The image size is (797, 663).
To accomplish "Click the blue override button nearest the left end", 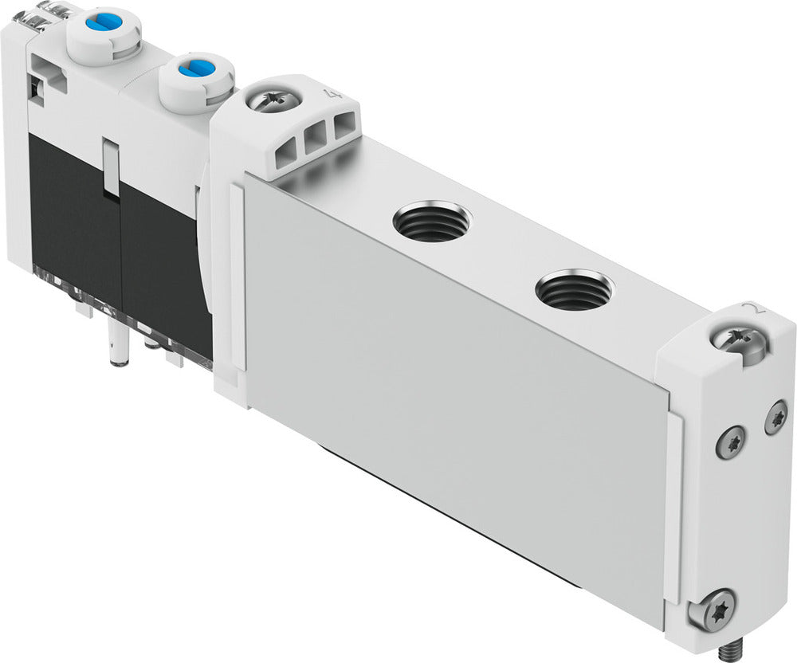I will pyautogui.click(x=104, y=23).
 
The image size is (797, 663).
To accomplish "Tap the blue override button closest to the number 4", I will pyautogui.click(x=194, y=70).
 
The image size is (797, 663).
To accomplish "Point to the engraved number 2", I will pyautogui.click(x=747, y=310).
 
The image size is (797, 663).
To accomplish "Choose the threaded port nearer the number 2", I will pyautogui.click(x=573, y=290).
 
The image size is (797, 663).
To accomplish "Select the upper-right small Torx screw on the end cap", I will pyautogui.click(x=775, y=418).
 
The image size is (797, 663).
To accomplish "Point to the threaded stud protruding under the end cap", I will pyautogui.click(x=726, y=649).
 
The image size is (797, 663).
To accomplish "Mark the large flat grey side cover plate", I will pyautogui.click(x=454, y=390).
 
